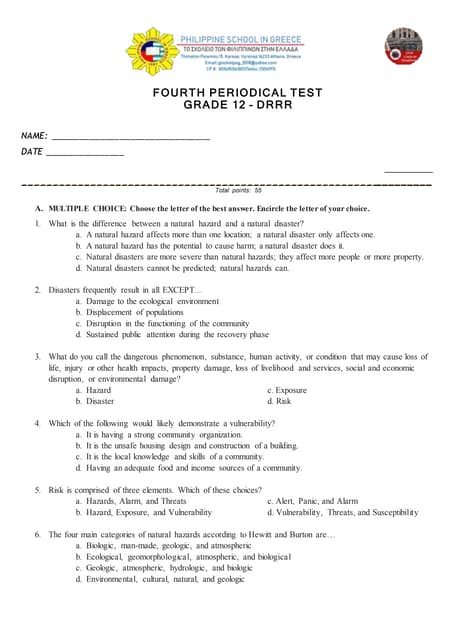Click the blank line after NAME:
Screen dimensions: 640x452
130,136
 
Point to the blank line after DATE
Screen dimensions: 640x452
85,153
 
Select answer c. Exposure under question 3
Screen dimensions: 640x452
287,390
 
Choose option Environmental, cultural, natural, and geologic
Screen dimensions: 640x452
159,578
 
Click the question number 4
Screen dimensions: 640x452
37,423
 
